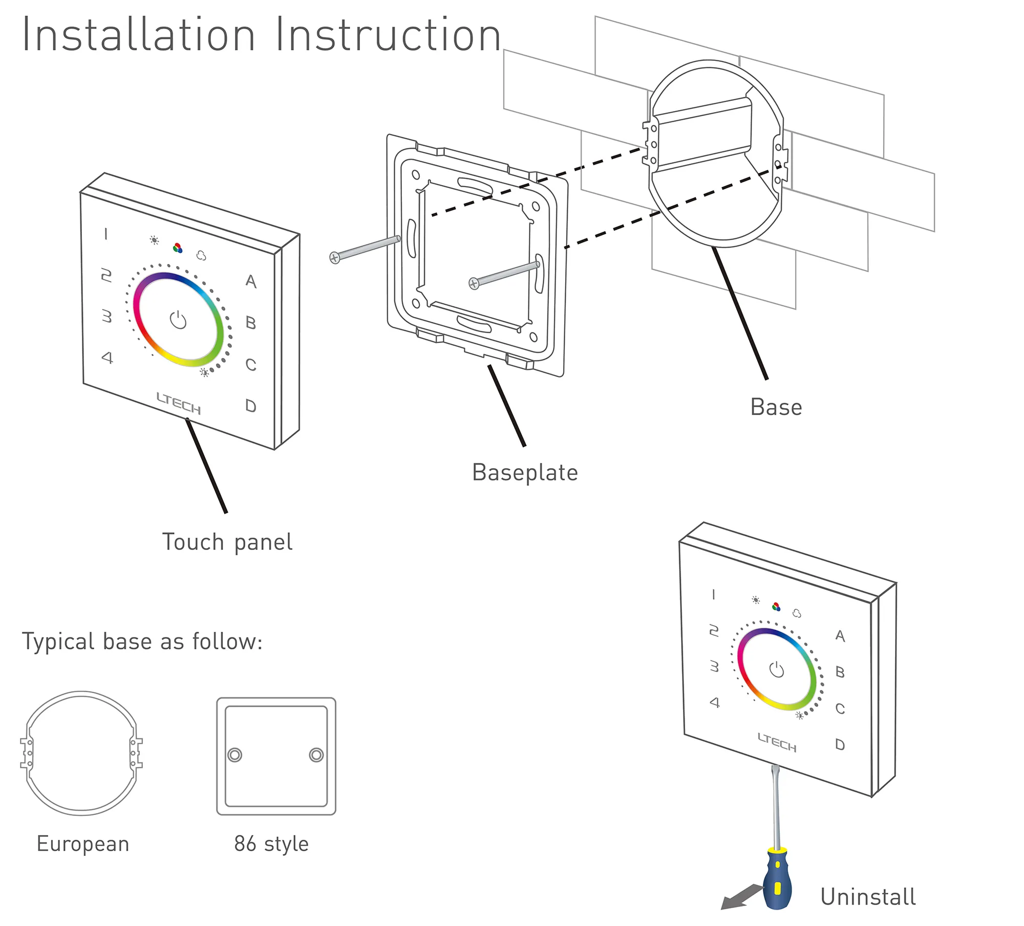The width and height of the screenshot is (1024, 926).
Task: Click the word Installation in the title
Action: coord(138,35)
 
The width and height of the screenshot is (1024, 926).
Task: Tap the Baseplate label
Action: coord(525,472)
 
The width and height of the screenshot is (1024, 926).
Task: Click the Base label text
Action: coord(776,407)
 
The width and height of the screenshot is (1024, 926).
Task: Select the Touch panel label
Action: coord(227,542)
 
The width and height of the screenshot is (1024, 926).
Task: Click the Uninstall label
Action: coord(868,897)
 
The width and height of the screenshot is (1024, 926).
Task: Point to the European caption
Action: coord(83,844)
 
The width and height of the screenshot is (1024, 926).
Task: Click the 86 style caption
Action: coord(271,844)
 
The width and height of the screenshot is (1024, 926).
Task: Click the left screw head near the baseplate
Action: coord(334,258)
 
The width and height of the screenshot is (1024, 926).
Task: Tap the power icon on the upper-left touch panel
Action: coord(178,320)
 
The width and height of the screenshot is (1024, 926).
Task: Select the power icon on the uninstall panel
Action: coord(777,669)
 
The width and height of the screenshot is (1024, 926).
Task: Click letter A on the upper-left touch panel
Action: coord(251,281)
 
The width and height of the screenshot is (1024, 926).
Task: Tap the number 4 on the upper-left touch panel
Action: coord(107,357)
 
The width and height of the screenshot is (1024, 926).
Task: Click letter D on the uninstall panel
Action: coord(840,744)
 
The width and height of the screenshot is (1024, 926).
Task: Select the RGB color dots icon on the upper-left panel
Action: coord(178,249)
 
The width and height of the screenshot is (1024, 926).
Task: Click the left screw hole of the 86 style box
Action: coord(234,755)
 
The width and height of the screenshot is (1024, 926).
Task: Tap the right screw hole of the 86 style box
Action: coord(316,755)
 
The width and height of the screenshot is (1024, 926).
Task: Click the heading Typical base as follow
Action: coord(142,642)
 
